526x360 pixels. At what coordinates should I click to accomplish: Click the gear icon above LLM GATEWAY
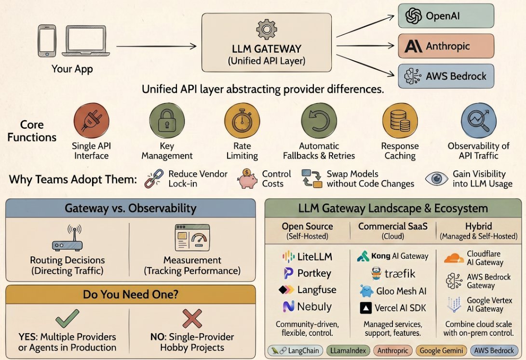[x=267, y=29]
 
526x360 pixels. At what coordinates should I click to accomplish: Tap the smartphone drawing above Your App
[x=47, y=40]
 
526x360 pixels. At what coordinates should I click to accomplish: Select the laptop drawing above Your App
[x=86, y=40]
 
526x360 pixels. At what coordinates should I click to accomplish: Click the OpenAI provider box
[x=446, y=16]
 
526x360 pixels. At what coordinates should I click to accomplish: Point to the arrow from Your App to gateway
[x=156, y=46]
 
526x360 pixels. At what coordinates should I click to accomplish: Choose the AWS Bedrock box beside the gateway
[x=446, y=76]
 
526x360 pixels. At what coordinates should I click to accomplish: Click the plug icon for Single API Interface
[x=91, y=120]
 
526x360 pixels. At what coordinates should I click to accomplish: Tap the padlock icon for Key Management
[x=167, y=120]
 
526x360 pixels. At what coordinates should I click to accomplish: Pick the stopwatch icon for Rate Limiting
[x=242, y=120]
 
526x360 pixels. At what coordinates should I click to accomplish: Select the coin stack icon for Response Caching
[x=400, y=120]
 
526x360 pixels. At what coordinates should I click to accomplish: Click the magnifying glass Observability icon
[x=479, y=120]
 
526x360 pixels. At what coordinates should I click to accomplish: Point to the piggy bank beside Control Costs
[x=247, y=179]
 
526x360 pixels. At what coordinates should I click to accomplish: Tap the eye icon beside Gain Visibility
[x=436, y=179]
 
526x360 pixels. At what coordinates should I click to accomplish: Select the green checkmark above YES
[x=67, y=319]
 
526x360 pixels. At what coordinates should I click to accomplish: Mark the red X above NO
[x=192, y=319]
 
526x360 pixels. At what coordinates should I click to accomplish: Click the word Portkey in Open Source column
[x=314, y=274]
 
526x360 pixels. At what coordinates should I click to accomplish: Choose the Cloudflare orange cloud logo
[x=454, y=258]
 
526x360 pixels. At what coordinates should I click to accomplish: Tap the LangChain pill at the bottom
[x=296, y=351]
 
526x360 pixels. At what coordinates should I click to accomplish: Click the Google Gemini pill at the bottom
[x=441, y=351]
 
